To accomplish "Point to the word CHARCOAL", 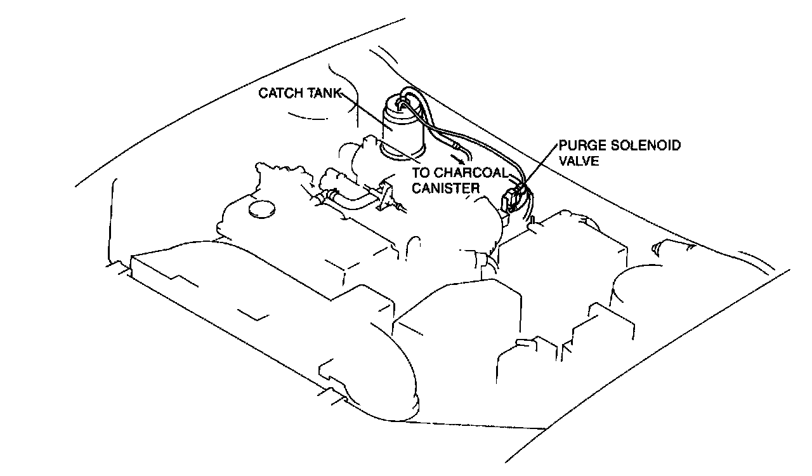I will pyautogui.click(x=470, y=173).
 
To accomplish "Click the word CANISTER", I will pyautogui.click(x=447, y=187).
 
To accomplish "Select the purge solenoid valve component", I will pyautogui.click(x=513, y=198).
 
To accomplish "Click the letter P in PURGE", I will pyautogui.click(x=563, y=145).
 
